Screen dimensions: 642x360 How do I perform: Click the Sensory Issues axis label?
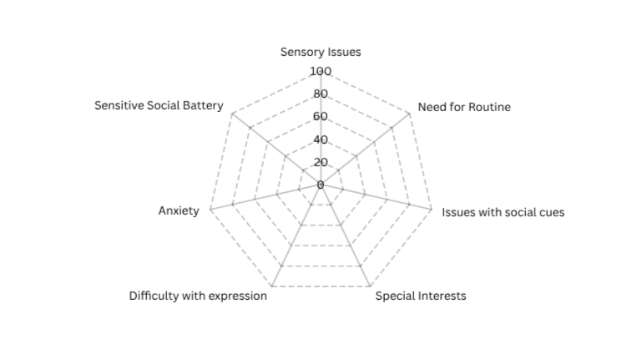[321, 53]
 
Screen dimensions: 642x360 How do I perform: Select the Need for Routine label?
[464, 107]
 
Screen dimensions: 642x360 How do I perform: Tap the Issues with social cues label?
[503, 212]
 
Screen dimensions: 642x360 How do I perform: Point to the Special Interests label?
[421, 296]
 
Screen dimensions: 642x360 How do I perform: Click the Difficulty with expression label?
[198, 296]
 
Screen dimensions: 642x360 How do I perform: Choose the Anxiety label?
[179, 211]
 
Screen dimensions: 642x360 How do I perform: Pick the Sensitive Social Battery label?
[159, 106]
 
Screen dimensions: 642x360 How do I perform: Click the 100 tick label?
[321, 71]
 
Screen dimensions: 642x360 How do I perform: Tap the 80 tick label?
[321, 94]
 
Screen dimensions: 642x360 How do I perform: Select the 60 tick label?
[321, 117]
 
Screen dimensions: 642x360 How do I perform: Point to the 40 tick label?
[321, 139]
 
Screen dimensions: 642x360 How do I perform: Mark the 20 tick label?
[321, 162]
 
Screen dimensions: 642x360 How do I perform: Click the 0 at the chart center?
[321, 185]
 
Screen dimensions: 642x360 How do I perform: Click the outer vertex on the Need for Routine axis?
[410, 114]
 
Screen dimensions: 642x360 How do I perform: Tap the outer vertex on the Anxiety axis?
[210, 210]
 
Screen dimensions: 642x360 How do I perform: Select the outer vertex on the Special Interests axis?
[370, 286]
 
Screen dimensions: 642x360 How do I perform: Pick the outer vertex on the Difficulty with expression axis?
[271, 286]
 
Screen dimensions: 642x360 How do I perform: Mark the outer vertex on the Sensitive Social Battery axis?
[232, 114]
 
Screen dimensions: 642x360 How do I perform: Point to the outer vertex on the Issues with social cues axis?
[432, 210]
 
